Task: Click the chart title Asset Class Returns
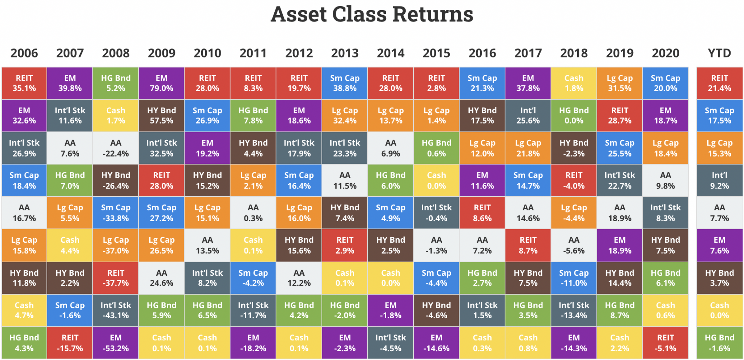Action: [x=372, y=15]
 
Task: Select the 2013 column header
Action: [x=345, y=53]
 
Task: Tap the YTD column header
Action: [x=719, y=53]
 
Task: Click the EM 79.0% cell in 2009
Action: [x=162, y=83]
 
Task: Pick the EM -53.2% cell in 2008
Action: [x=116, y=343]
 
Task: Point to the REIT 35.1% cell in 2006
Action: [x=24, y=83]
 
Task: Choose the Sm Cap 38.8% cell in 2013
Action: [x=345, y=83]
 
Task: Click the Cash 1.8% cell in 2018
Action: [x=574, y=83]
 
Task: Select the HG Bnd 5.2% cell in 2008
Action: [x=116, y=83]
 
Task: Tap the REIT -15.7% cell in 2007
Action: [x=70, y=343]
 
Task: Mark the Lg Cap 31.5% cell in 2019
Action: [x=619, y=83]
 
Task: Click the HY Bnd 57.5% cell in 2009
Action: [x=162, y=116]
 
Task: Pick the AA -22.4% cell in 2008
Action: [x=116, y=148]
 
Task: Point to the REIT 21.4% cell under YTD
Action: [x=719, y=83]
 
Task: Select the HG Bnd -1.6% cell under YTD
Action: [x=719, y=343]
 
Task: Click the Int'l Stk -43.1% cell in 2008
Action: [x=116, y=310]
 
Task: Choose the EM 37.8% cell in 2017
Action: [x=528, y=83]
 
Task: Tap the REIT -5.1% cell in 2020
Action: [x=665, y=343]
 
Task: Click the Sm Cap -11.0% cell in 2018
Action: [x=574, y=278]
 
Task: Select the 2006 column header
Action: [x=24, y=53]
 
